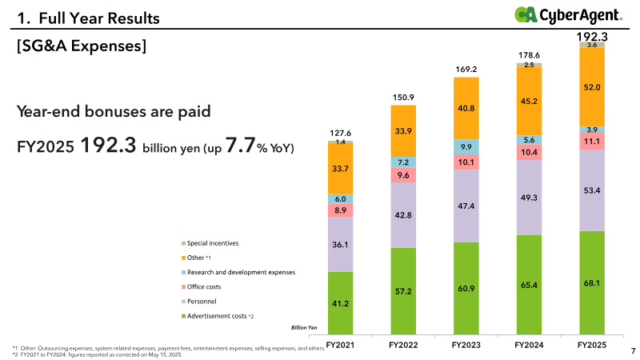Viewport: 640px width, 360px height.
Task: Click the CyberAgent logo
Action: [569, 14]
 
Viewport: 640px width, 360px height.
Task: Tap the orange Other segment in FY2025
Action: [593, 86]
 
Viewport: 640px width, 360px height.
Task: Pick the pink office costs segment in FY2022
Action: [403, 175]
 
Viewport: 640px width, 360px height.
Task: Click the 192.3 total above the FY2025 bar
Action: [593, 37]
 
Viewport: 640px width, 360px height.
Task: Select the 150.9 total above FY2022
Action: [403, 98]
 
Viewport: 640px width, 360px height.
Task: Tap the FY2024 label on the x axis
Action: [530, 345]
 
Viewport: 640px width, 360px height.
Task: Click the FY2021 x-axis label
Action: [341, 345]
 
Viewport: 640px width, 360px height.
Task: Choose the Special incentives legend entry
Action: [212, 243]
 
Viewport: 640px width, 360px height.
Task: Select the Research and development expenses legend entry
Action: [240, 272]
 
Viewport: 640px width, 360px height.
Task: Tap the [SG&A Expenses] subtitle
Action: [81, 47]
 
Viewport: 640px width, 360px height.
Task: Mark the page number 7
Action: [633, 350]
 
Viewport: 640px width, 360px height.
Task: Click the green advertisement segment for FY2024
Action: [530, 284]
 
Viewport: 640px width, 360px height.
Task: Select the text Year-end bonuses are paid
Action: [114, 112]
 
